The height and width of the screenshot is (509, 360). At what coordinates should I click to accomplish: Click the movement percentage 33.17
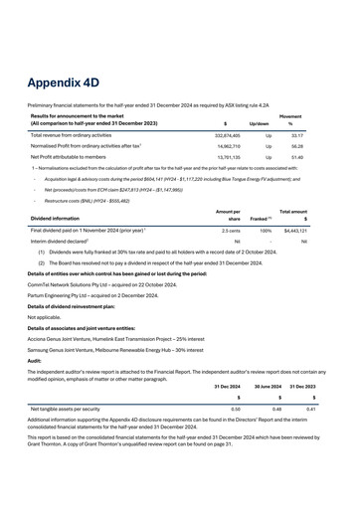[x=323, y=132]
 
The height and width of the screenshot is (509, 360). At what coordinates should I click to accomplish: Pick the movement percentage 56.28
[x=323, y=145]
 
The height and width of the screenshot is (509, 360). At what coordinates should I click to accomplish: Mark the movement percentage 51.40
[x=323, y=157]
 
